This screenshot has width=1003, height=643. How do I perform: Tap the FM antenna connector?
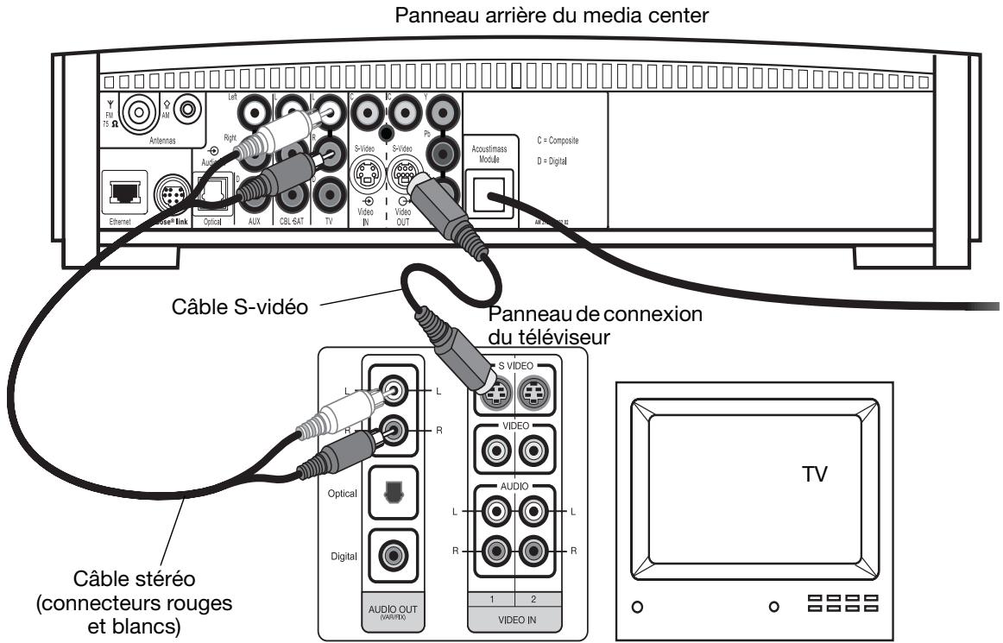point(136,111)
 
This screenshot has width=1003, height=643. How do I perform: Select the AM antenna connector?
point(191,111)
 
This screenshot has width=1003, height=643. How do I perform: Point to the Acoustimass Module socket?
point(489,188)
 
